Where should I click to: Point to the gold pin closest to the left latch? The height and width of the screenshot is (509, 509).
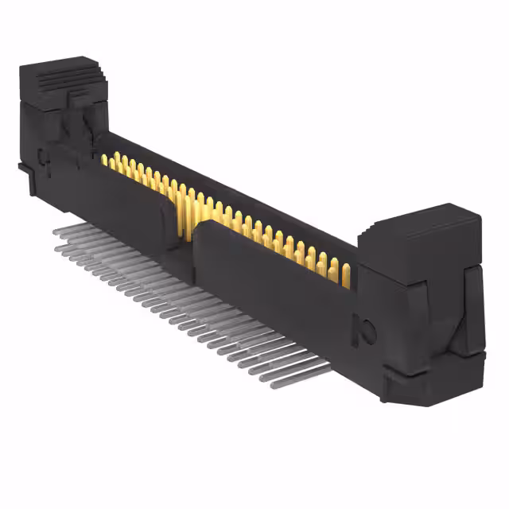coord(104,160)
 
